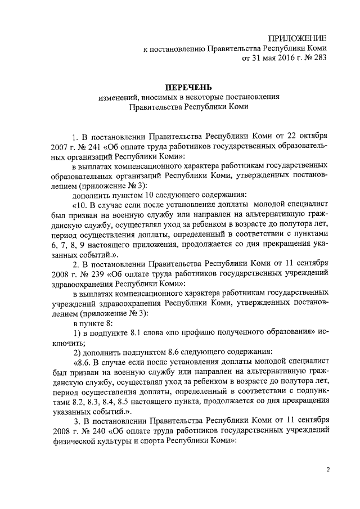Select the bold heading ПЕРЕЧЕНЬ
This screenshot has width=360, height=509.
click(x=188, y=87)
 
